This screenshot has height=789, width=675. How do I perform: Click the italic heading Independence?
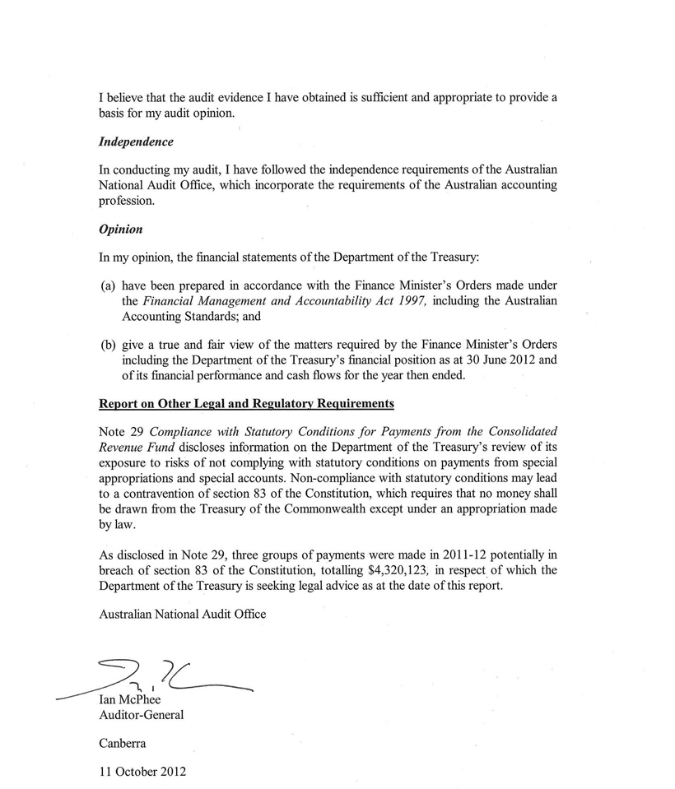pyautogui.click(x=136, y=142)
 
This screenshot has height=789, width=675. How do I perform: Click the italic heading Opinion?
pyautogui.click(x=120, y=229)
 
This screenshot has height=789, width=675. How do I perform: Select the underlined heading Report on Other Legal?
pyautogui.click(x=246, y=403)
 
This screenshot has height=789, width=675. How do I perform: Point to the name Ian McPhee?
pyautogui.click(x=130, y=699)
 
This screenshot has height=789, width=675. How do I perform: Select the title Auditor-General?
pyautogui.click(x=141, y=715)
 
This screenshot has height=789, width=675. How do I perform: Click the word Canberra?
pyautogui.click(x=123, y=743)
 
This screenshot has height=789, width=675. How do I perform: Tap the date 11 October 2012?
pyautogui.click(x=142, y=772)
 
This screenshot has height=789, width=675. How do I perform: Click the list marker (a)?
pyautogui.click(x=108, y=285)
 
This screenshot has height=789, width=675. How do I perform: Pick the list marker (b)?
pyautogui.click(x=108, y=344)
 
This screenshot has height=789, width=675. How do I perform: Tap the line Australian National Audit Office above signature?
pyautogui.click(x=183, y=614)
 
